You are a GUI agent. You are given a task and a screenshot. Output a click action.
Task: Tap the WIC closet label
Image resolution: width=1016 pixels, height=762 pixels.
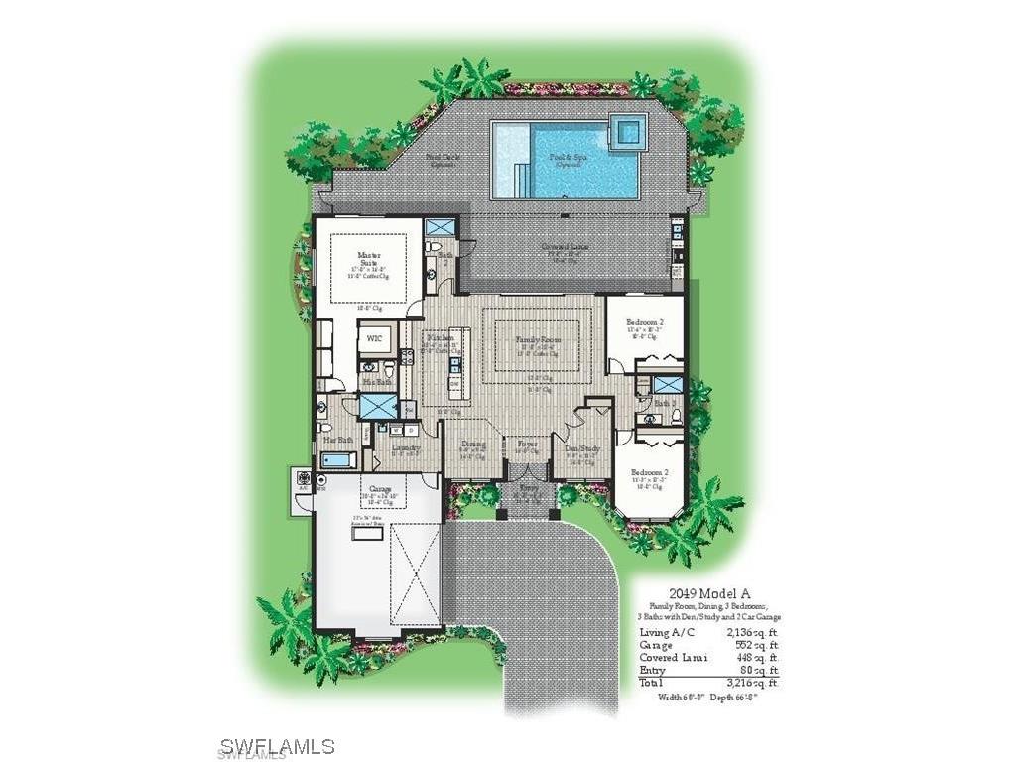[x=374, y=338]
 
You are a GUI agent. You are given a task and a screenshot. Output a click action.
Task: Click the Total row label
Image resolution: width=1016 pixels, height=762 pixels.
[x=653, y=683]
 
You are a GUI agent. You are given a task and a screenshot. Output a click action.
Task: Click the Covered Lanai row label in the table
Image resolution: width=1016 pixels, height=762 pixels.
[x=674, y=657]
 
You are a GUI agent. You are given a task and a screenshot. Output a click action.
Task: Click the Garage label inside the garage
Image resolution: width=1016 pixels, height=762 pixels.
[x=380, y=490]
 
